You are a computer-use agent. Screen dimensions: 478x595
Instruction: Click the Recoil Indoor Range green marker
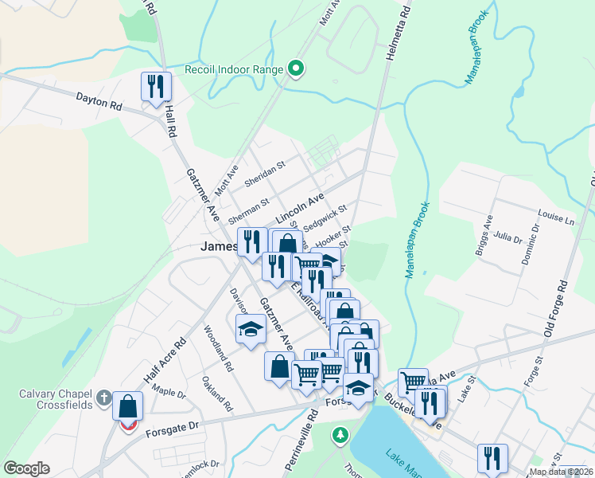pyautogui.click(x=296, y=69)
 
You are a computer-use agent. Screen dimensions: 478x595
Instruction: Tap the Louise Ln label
pyautogui.click(x=556, y=217)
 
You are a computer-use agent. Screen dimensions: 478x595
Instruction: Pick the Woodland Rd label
pyautogui.click(x=217, y=349)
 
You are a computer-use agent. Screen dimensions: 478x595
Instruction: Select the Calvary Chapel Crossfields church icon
pyautogui.click(x=103, y=397)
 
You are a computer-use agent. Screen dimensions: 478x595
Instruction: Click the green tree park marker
pyautogui.click(x=340, y=435)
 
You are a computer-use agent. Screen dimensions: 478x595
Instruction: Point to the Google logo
pyautogui.click(x=26, y=468)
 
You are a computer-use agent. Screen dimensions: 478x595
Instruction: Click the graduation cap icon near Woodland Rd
pyautogui.click(x=251, y=329)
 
